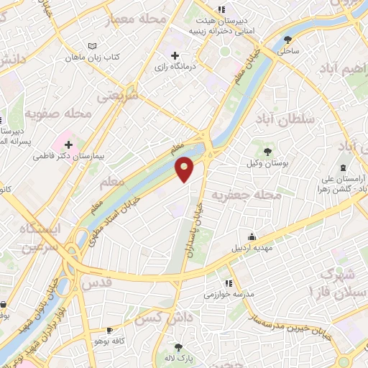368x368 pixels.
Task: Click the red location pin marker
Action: [185, 168]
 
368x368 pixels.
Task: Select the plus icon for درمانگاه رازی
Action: [175, 55]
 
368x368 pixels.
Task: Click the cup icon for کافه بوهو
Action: [109, 329]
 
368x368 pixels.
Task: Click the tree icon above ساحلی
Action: [288, 40]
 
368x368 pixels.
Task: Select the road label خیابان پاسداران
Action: [200, 223]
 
